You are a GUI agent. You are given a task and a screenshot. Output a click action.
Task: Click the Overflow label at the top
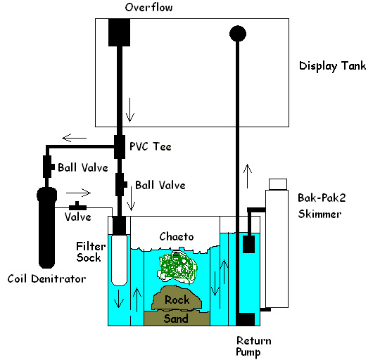pos(148,7)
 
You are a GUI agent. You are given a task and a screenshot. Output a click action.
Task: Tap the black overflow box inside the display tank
pos(119,32)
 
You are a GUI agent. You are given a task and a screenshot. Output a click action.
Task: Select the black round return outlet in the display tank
pos(238,34)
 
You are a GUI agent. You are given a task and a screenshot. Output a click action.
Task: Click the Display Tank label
pos(332,66)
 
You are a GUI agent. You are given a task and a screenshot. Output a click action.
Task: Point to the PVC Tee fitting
pos(120,147)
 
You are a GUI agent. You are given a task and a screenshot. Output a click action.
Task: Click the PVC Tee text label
pos(151,146)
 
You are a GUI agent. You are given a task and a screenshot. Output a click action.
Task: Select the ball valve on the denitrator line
pos(49,167)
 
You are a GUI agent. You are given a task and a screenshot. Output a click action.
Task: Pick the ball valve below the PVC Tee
pos(121,184)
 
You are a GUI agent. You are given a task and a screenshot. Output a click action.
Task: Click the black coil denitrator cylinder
pos(46,228)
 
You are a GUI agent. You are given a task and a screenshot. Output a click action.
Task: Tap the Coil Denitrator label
pos(46,278)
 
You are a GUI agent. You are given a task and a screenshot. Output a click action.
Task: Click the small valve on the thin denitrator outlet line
pos(77,206)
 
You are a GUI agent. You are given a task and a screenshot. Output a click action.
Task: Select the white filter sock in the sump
pos(119,260)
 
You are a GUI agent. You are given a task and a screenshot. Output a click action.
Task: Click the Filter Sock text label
pos(91,252)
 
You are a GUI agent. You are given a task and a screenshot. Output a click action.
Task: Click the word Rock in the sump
pos(177,300)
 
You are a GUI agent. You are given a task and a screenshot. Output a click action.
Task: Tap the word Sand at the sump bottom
pos(176,319)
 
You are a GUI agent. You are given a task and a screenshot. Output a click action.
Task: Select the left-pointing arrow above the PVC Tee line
pos(74,138)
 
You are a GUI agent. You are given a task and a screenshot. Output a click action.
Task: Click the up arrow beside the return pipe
pos(248,176)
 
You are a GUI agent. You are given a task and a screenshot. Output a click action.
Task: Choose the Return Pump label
pos(254,346)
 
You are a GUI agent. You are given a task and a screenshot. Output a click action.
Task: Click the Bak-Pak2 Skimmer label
pos(322,206)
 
